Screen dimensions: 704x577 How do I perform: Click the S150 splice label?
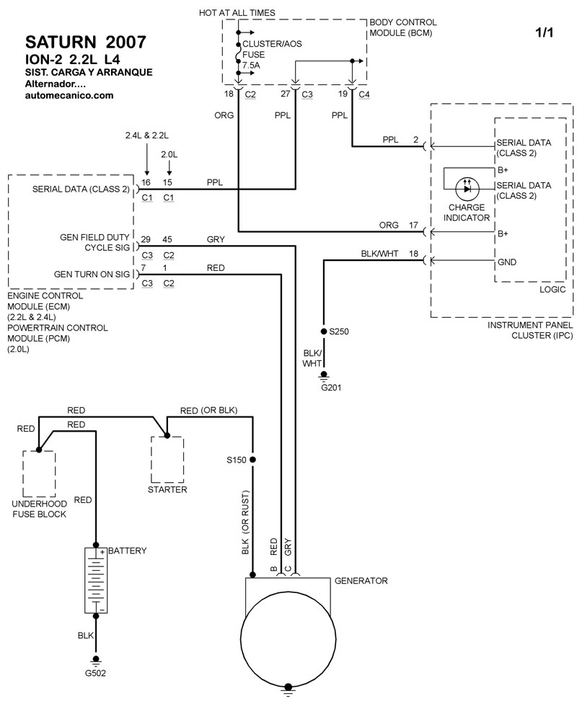[x=236, y=459]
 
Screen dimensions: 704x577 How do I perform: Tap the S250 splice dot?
[x=324, y=331]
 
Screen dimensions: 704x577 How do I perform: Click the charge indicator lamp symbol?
[x=467, y=189]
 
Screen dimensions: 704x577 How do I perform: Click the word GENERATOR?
[x=361, y=581]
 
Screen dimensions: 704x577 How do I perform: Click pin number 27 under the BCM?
[x=286, y=94]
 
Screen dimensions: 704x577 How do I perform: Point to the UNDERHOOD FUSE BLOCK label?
[x=40, y=509]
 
